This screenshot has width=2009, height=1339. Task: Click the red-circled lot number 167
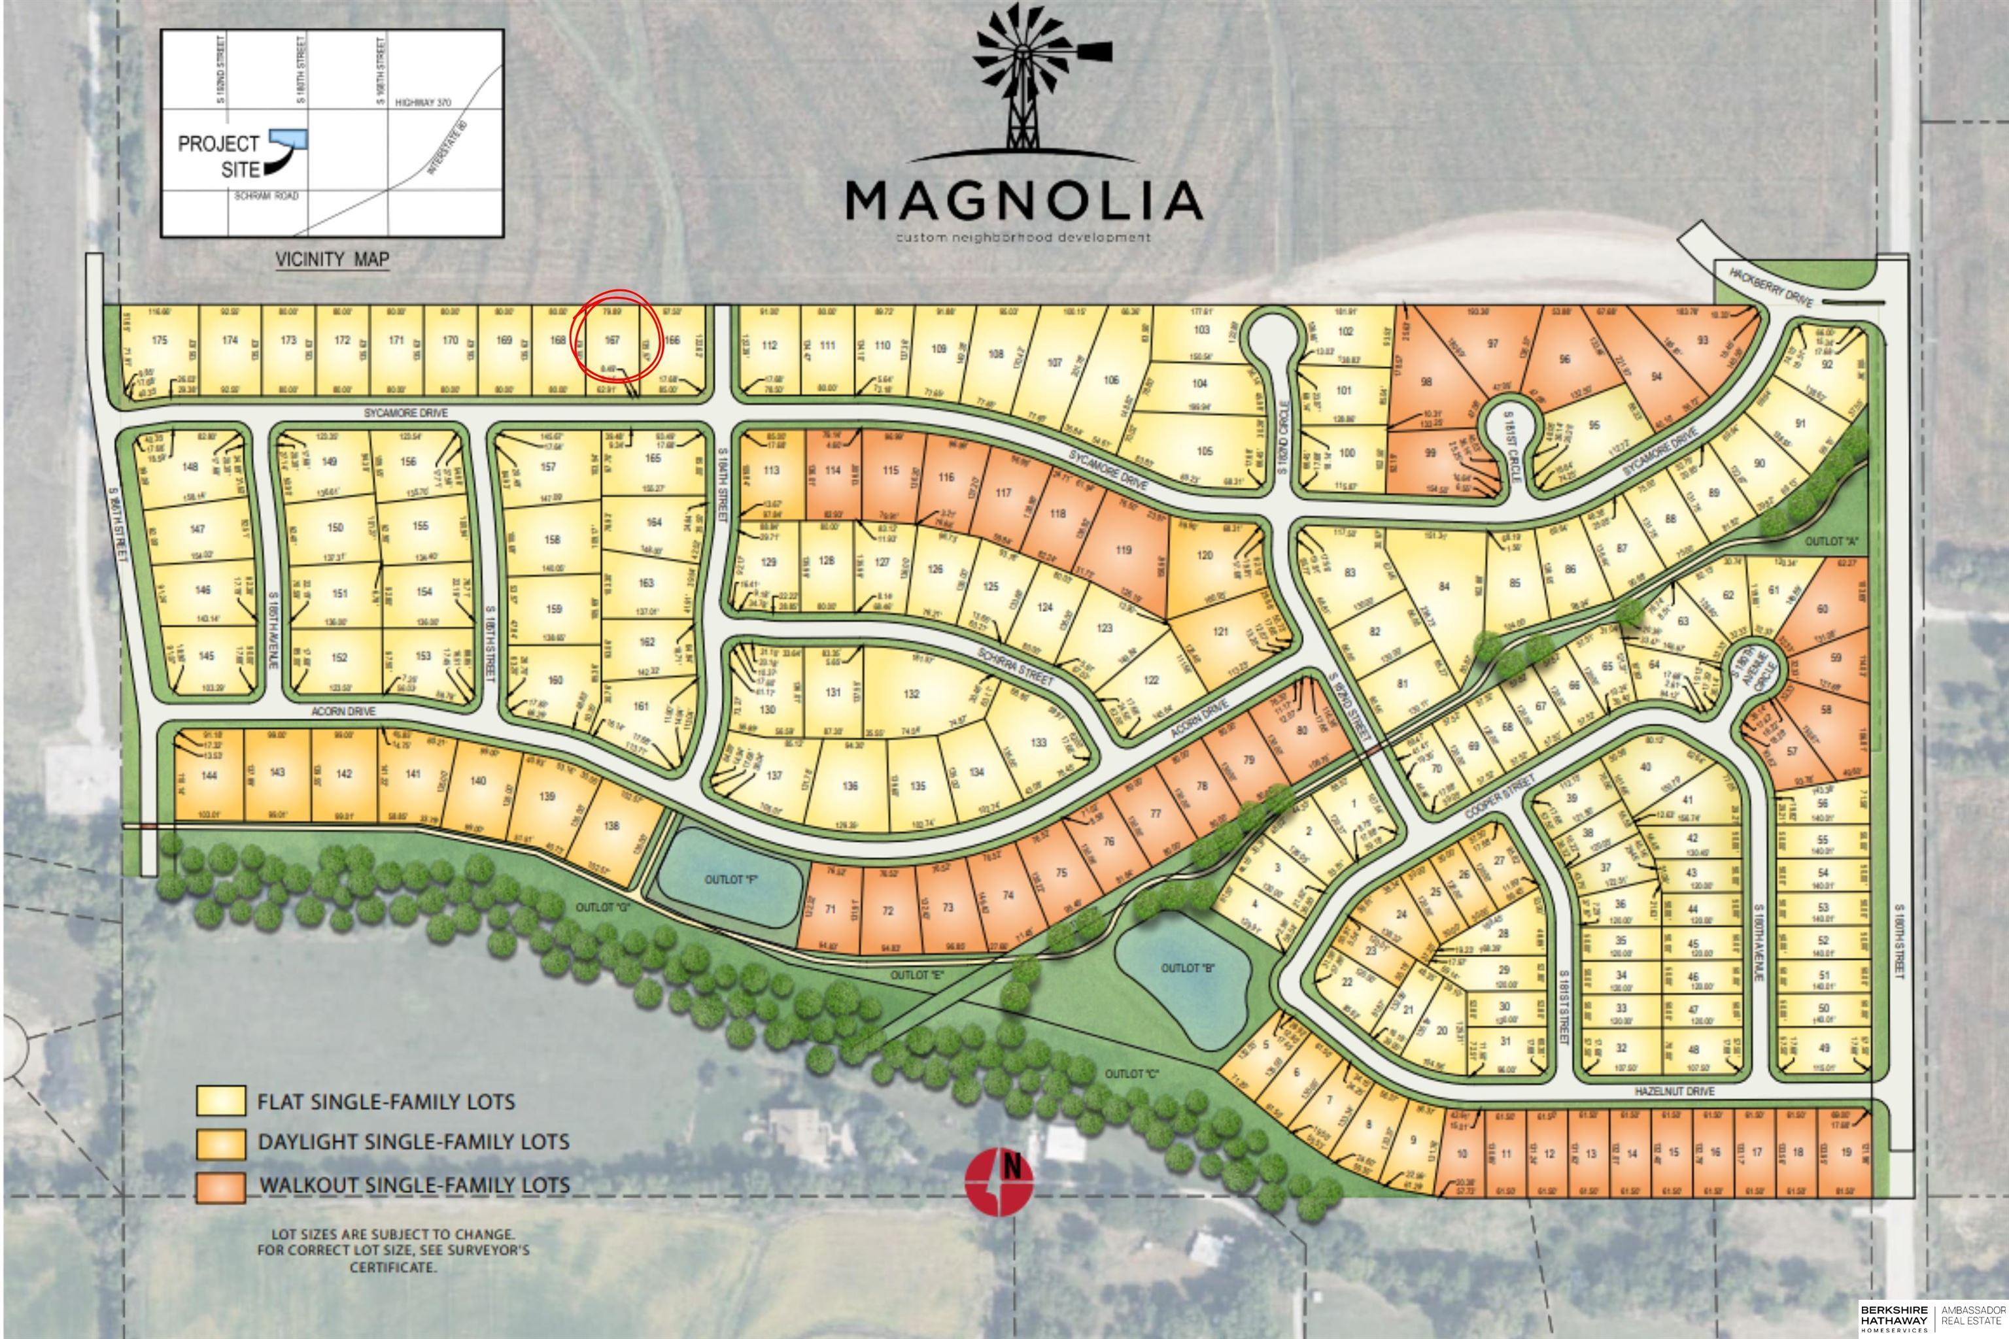tap(612, 340)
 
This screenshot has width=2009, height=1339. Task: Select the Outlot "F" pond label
tap(731, 879)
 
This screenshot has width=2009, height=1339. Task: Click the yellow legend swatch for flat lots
tap(220, 1102)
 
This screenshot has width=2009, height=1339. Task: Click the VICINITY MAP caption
tap(332, 259)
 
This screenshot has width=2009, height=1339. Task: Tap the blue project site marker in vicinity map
tap(288, 139)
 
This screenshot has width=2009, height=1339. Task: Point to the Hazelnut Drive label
tap(1674, 1091)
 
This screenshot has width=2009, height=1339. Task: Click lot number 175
tap(160, 340)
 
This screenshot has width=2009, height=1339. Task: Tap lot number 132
tap(912, 694)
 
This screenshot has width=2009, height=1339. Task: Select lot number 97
tap(1492, 344)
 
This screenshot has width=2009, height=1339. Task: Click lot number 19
tap(1846, 1152)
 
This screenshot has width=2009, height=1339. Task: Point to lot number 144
tap(209, 775)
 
